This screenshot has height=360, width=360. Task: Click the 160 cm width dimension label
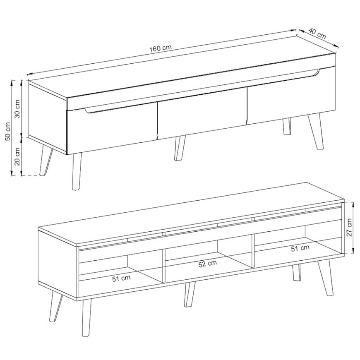pyautogui.click(x=161, y=48)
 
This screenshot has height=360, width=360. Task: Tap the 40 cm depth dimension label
pyautogui.click(x=317, y=33)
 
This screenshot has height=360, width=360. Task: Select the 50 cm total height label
pyautogui.click(x=8, y=131)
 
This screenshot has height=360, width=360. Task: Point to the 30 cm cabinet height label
pyautogui.click(x=18, y=108)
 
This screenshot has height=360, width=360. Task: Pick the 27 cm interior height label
pyautogui.click(x=349, y=228)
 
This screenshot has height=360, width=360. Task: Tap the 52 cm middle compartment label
pyautogui.click(x=208, y=264)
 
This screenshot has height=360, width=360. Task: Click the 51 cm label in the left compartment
pyautogui.click(x=121, y=278)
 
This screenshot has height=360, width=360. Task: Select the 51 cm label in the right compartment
pyautogui.click(x=300, y=248)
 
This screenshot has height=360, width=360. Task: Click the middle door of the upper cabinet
pyautogui.click(x=202, y=114)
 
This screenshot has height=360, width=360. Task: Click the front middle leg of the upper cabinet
pyautogui.click(x=180, y=148)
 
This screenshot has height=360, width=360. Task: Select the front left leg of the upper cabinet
pyautogui.click(x=77, y=171)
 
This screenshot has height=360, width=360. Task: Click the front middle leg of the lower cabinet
pyautogui.click(x=190, y=295)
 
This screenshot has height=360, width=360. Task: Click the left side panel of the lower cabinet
pyautogui.click(x=58, y=264)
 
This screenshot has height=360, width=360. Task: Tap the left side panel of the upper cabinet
pyautogui.click(x=48, y=118)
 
